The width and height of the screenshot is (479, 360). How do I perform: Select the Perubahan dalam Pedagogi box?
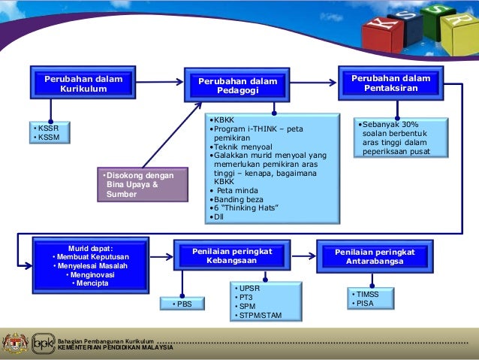pyautogui.click(x=236, y=86)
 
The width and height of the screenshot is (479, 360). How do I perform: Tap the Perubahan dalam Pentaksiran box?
pyautogui.click(x=390, y=83)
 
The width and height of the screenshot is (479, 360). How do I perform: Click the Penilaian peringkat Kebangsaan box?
pyautogui.click(x=232, y=256)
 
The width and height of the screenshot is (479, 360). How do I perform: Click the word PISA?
pyautogui.click(x=364, y=304)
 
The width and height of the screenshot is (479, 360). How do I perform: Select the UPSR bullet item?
pyautogui.click(x=248, y=289)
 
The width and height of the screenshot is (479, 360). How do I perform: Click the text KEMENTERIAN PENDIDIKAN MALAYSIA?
pyautogui.click(x=116, y=348)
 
